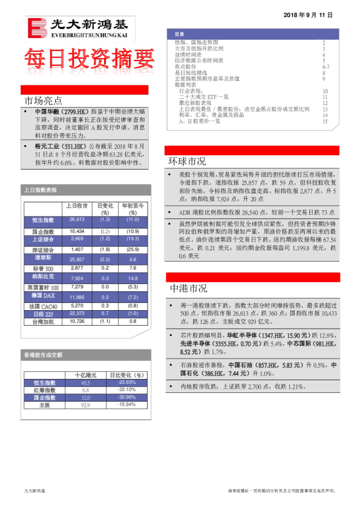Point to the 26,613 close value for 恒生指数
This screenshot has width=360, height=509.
(x=77, y=219)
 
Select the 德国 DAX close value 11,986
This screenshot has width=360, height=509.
(x=77, y=297)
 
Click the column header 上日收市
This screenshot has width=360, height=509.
(x=77, y=206)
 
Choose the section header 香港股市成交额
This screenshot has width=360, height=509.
(x=43, y=355)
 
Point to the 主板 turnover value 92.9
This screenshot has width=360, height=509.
(x=85, y=405)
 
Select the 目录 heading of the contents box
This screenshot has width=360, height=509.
(x=180, y=34)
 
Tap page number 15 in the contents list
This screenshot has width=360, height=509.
(x=325, y=122)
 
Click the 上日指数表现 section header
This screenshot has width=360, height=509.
(x=41, y=190)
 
